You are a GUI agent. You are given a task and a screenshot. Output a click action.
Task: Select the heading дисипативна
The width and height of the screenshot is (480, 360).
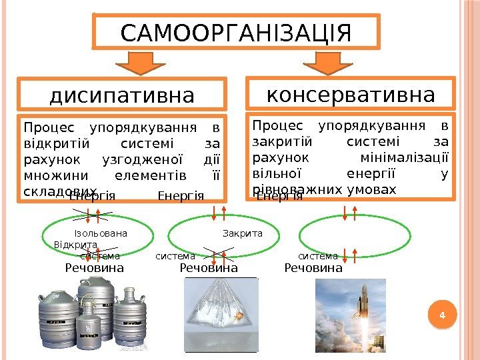pos(122,96)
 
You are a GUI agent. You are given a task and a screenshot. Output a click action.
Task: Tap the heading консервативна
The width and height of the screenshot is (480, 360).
pos(351,94)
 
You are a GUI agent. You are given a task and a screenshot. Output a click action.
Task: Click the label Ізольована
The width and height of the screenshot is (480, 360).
pos(101,234)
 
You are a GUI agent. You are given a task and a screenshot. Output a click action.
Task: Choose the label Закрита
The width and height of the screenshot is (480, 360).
pos(242,234)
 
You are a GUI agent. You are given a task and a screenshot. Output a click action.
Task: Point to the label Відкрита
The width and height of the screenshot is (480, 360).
pos(75,245)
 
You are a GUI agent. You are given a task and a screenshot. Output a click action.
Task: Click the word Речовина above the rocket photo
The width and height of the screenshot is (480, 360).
pos(313,268)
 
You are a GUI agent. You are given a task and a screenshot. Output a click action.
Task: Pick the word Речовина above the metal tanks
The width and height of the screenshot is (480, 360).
pos(94,268)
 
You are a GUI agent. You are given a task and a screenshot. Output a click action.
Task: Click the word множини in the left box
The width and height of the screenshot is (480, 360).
pos(51,176)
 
